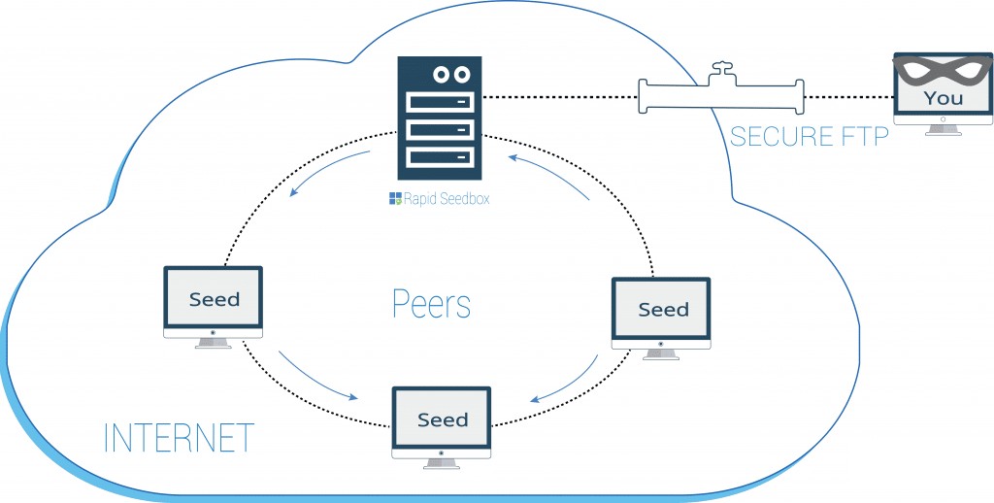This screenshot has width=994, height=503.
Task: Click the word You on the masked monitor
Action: pyautogui.click(x=943, y=98)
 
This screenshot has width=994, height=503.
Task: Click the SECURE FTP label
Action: pyautogui.click(x=809, y=136)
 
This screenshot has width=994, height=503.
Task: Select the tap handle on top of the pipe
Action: pyautogui.click(x=720, y=69)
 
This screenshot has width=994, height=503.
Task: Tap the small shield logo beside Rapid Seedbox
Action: pyautogui.click(x=395, y=199)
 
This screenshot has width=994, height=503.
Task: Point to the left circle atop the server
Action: pyautogui.click(x=443, y=74)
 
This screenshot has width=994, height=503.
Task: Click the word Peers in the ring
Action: pyautogui.click(x=431, y=304)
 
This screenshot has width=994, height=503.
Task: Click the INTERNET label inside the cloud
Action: pyautogui.click(x=179, y=438)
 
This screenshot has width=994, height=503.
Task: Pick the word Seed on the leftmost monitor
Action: pyautogui.click(x=214, y=299)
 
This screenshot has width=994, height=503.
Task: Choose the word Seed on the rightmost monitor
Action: pyautogui.click(x=663, y=310)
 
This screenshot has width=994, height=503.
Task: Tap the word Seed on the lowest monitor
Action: pyautogui.click(x=442, y=419)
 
